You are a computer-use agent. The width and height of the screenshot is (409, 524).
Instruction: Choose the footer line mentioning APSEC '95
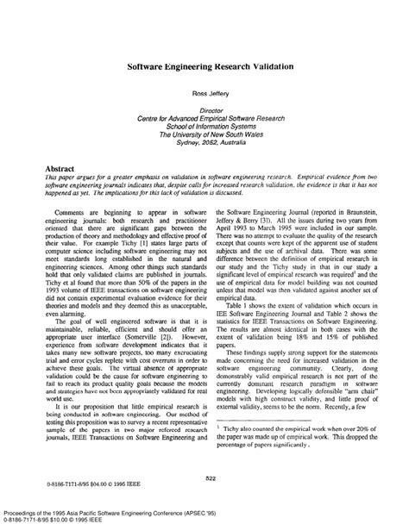[x=111, y=508]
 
